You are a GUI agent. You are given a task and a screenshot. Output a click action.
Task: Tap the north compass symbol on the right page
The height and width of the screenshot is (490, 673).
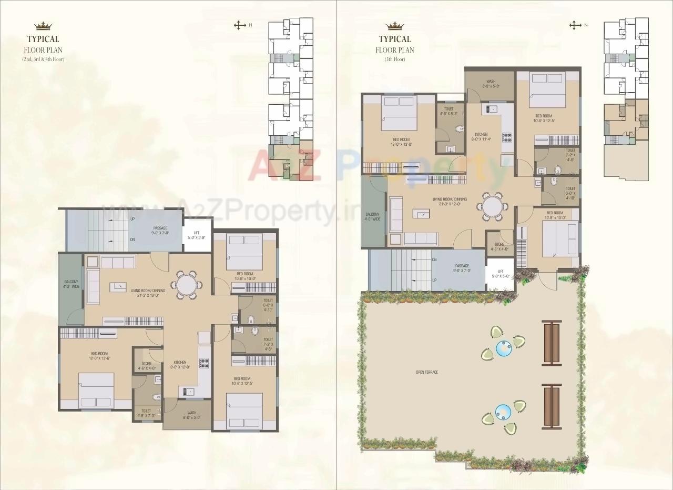(576, 25)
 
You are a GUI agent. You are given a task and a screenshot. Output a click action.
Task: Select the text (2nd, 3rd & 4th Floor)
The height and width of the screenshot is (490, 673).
(43, 59)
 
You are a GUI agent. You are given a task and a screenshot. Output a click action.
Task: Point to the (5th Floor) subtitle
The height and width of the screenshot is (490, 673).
(394, 59)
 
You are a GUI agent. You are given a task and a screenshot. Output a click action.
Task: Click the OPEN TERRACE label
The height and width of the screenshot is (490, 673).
(427, 372)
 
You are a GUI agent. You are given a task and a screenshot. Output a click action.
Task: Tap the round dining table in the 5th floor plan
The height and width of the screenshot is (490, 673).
(493, 205)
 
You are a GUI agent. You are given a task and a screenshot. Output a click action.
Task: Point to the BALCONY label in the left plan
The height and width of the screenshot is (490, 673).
(72, 284)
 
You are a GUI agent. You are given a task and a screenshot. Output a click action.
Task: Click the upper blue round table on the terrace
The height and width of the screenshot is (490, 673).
(504, 348)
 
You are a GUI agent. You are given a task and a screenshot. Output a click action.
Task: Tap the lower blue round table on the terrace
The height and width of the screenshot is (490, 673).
(503, 411)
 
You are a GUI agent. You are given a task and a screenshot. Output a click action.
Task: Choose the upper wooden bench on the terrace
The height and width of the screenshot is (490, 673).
(552, 343)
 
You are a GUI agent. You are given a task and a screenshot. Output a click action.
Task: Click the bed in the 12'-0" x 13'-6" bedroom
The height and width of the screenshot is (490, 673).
(96, 390)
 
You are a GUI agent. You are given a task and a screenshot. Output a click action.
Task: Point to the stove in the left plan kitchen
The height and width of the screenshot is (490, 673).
(203, 363)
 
